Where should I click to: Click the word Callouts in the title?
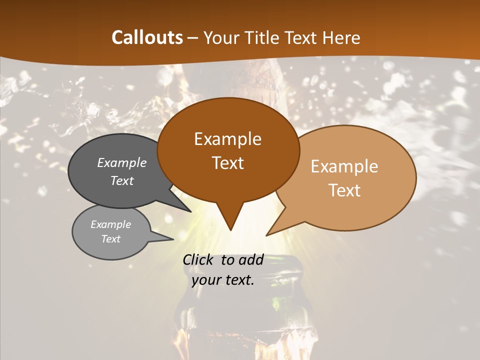click(x=147, y=37)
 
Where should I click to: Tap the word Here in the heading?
click(x=340, y=37)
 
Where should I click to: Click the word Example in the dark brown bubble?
click(x=227, y=139)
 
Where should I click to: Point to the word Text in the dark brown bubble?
click(x=227, y=163)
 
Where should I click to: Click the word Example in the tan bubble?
click(x=344, y=166)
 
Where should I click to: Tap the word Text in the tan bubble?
click(x=344, y=190)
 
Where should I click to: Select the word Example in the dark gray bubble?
click(x=122, y=162)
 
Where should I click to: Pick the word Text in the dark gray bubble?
click(x=122, y=180)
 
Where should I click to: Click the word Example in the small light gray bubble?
click(x=110, y=224)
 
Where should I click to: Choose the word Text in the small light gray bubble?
click(x=110, y=239)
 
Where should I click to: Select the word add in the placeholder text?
click(x=251, y=259)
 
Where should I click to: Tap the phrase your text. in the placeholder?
click(x=223, y=280)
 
